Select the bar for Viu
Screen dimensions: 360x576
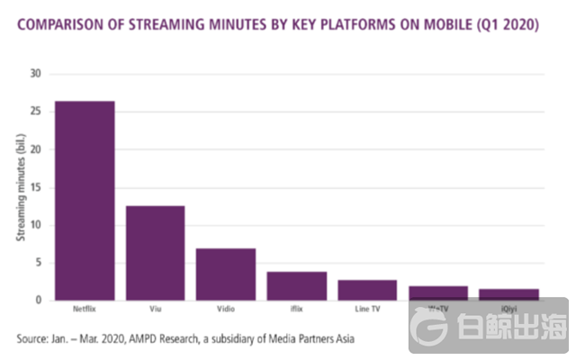(x=155, y=253)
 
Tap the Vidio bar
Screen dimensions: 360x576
(x=226, y=274)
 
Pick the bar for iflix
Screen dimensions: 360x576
(x=297, y=285)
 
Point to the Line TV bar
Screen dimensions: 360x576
(x=367, y=290)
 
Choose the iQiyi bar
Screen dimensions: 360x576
(x=508, y=294)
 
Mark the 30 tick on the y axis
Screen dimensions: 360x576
(x=37, y=74)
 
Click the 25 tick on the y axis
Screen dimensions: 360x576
(x=37, y=112)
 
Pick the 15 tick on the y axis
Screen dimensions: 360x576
(x=37, y=187)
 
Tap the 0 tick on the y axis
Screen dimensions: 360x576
(x=40, y=300)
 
